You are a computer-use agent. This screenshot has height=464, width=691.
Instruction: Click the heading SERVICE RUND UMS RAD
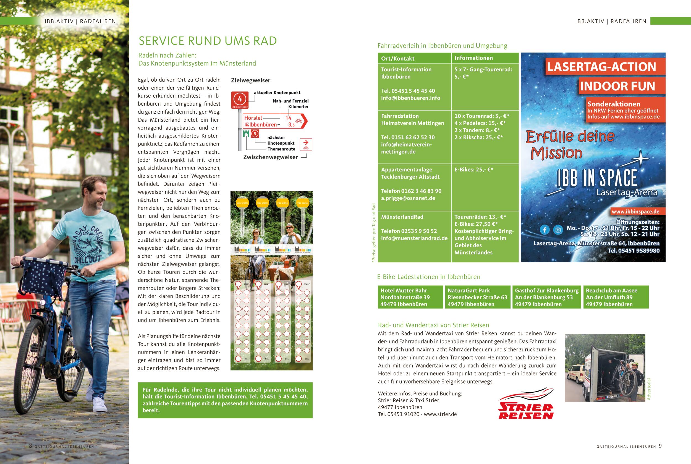point(208,41)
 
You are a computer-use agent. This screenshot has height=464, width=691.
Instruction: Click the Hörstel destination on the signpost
point(253,118)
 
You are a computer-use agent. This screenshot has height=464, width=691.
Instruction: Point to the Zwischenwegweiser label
point(270,157)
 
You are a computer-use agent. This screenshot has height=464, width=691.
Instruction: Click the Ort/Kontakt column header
point(397,58)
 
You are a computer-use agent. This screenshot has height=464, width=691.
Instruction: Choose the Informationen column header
point(473,58)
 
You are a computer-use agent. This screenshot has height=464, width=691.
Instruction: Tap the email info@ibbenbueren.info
point(410,98)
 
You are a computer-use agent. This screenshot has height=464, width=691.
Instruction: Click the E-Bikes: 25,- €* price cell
point(474,170)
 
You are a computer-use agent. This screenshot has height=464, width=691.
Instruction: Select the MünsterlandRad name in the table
point(402,217)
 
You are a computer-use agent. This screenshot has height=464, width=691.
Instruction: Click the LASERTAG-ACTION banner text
point(601,67)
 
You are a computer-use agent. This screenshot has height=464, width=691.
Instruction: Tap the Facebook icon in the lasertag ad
point(545,230)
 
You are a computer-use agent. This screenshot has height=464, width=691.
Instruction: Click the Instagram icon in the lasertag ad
point(558,230)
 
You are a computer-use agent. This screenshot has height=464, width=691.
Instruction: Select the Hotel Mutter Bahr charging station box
point(410,297)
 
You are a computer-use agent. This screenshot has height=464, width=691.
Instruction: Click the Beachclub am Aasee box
point(616,297)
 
